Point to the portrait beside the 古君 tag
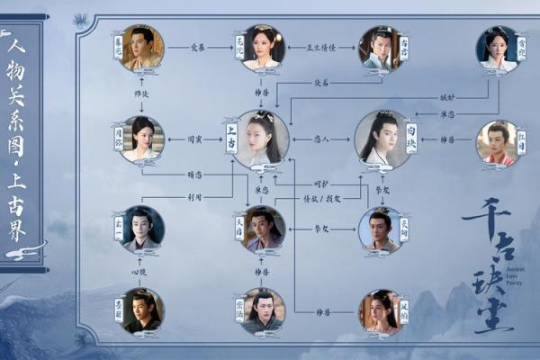coord(379,48)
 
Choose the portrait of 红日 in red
coord(499,141)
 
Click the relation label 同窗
coord(193,139)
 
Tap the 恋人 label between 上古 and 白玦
coord(322,139)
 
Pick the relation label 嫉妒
coord(447,97)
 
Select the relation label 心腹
coord(139,270)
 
